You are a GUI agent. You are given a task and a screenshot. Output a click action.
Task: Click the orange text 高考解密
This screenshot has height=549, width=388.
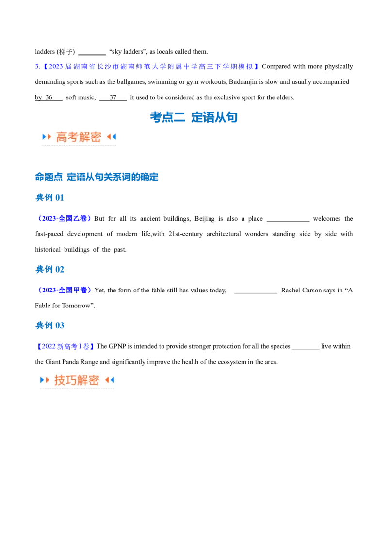(x=79, y=137)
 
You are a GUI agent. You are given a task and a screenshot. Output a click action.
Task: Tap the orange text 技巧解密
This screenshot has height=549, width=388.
(x=77, y=380)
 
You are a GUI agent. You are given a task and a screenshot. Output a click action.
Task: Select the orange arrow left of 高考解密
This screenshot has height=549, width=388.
(x=49, y=137)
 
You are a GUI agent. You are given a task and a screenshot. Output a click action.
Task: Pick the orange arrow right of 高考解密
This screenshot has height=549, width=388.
(x=108, y=137)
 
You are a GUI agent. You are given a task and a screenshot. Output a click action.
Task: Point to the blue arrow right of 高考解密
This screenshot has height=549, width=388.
(x=114, y=137)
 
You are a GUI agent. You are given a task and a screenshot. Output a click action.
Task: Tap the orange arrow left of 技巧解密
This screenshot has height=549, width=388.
(x=48, y=380)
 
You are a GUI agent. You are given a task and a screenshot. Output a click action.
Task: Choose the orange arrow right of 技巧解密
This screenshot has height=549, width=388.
(x=106, y=380)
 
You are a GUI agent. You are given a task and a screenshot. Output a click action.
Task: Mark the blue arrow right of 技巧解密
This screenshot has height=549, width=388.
(x=112, y=380)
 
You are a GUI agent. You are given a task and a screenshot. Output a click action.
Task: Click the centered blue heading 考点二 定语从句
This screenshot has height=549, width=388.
(x=194, y=117)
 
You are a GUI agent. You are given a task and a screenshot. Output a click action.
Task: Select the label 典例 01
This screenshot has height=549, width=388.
(x=50, y=197)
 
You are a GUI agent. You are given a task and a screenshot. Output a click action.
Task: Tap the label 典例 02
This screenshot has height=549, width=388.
(x=50, y=269)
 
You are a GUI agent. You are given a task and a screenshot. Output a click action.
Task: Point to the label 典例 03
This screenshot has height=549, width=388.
(x=50, y=324)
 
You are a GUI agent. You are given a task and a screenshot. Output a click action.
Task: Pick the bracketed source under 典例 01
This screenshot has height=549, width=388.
(x=65, y=218)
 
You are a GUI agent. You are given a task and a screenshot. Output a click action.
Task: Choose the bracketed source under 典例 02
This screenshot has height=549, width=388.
(x=65, y=290)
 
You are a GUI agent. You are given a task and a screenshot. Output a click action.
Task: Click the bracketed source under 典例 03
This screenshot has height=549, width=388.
(x=65, y=346)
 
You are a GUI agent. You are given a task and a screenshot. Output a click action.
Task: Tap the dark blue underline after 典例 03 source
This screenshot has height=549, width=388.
(x=129, y=350)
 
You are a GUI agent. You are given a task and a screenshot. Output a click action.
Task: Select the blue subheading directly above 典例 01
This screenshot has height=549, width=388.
(x=97, y=177)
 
